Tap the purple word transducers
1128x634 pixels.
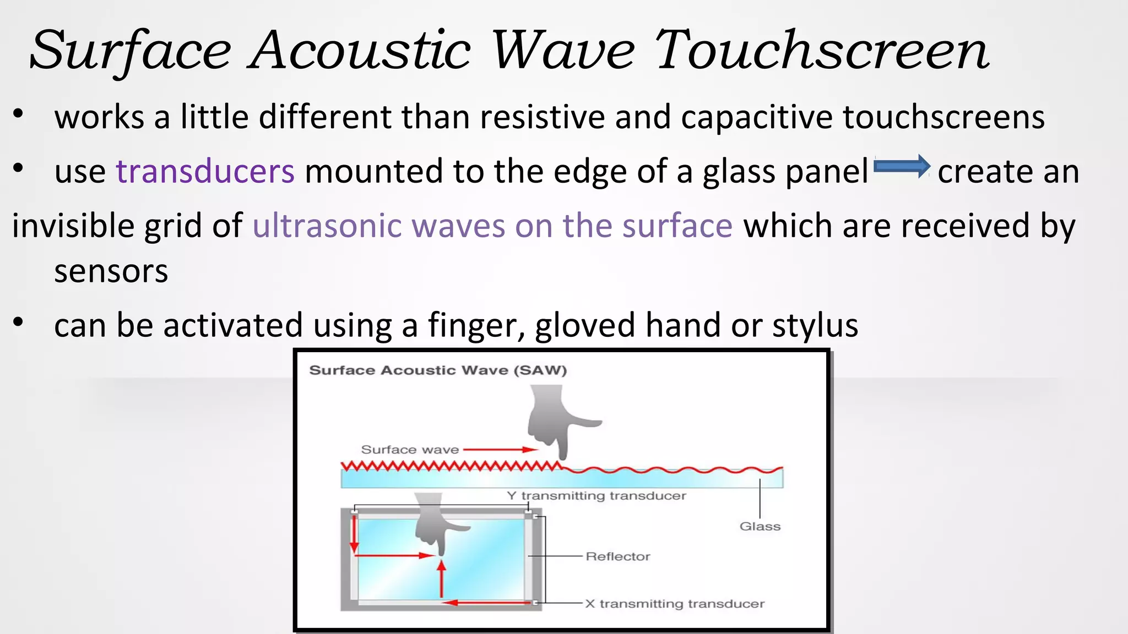point(205,171)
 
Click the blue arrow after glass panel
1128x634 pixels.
point(902,166)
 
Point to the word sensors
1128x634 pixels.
point(111,271)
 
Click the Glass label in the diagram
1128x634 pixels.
point(760,526)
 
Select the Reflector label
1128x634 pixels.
point(617,556)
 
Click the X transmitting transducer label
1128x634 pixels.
point(674,604)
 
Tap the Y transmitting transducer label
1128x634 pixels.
point(596,496)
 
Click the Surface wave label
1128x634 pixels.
point(410,450)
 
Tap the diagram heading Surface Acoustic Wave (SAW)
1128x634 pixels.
point(438,370)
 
